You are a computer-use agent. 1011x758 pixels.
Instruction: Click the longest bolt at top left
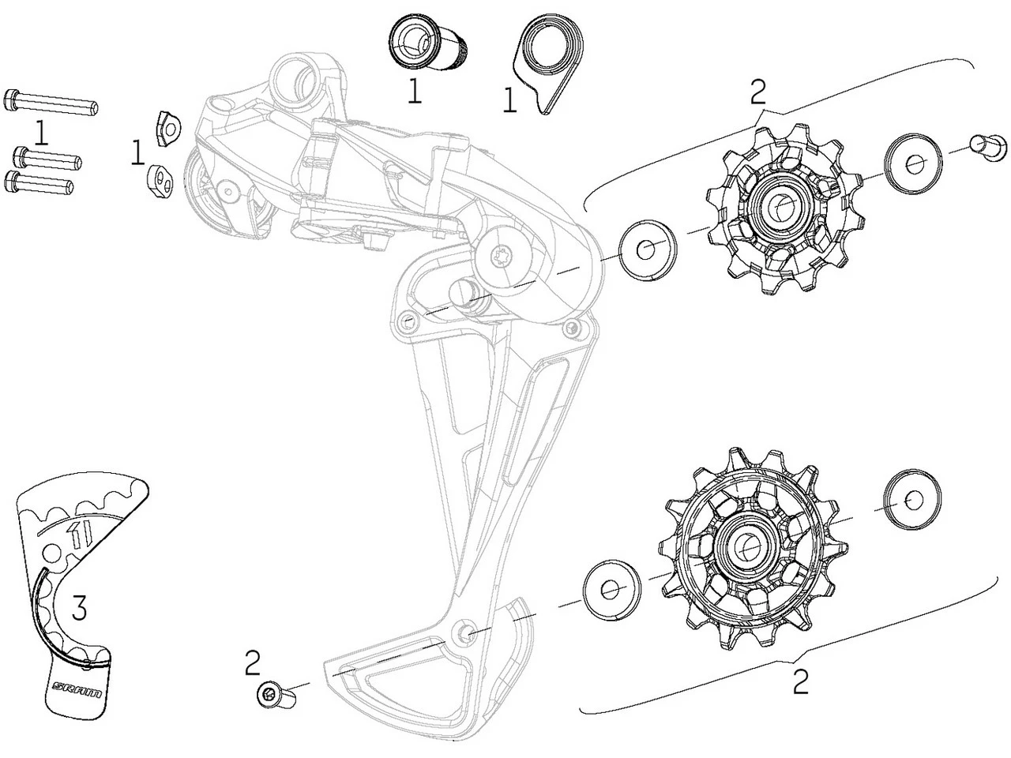51,102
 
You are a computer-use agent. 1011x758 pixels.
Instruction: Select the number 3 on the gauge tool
80,607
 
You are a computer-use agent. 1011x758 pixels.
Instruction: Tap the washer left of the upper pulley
646,250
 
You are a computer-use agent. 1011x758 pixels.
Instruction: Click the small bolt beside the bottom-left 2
273,695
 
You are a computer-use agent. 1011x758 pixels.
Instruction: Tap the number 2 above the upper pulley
757,93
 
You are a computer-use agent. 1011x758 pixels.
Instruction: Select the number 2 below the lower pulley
801,681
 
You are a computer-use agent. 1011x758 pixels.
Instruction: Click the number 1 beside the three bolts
41,132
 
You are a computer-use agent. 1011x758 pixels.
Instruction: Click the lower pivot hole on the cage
466,632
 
